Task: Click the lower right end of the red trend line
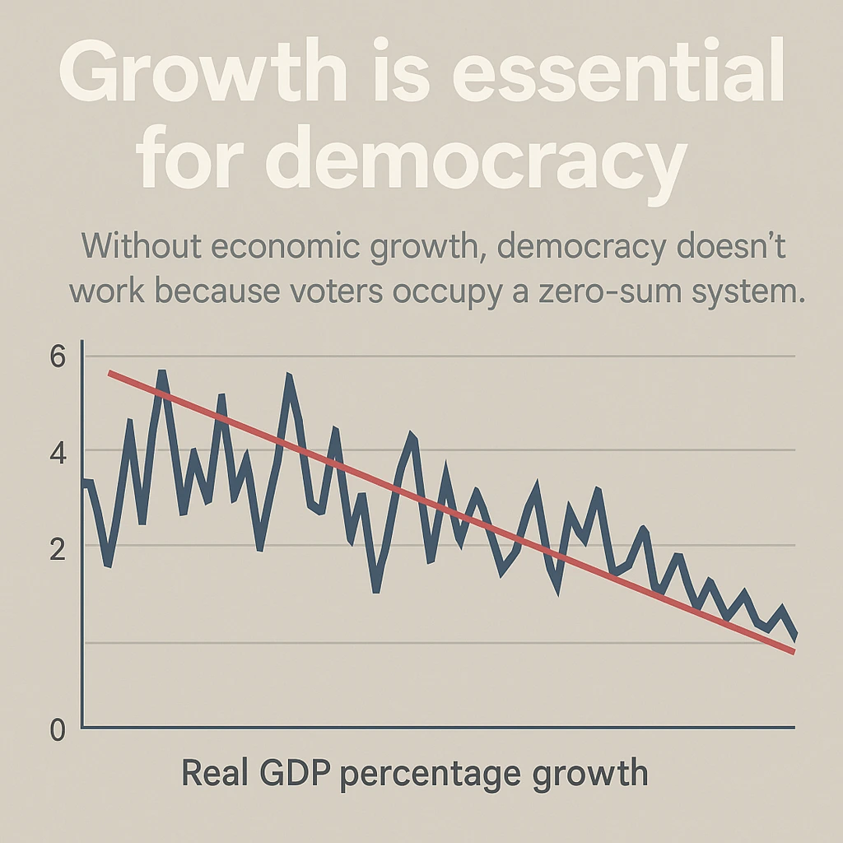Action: (793, 652)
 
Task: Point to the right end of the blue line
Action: (794, 636)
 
